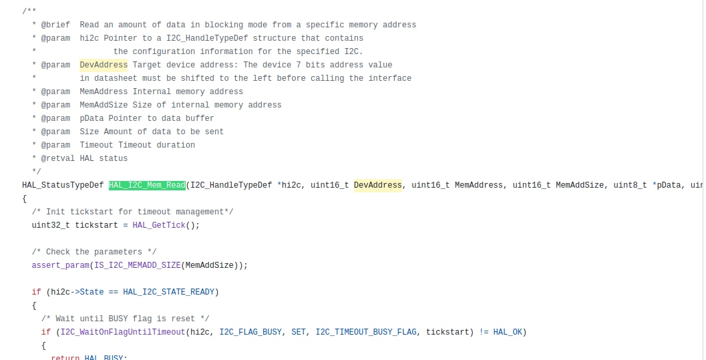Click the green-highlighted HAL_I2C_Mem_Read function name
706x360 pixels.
click(x=147, y=185)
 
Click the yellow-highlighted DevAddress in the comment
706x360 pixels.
click(x=104, y=65)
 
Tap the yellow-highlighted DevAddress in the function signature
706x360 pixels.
click(x=378, y=185)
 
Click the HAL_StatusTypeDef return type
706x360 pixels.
click(x=63, y=185)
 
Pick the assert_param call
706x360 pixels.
click(x=60, y=265)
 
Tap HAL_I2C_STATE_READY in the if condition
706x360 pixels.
click(x=171, y=292)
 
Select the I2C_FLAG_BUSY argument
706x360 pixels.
click(x=250, y=332)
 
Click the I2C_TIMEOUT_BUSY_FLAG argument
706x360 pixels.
click(x=365, y=332)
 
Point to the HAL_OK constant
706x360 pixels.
click(x=508, y=332)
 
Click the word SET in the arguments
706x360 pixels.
click(x=299, y=332)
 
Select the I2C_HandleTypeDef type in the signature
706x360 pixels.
click(x=231, y=185)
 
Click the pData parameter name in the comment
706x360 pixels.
click(x=92, y=118)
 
